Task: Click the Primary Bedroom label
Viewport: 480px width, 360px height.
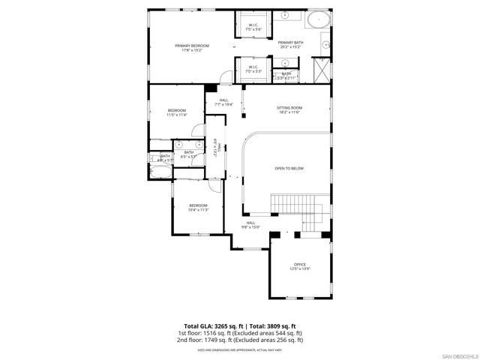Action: click(x=192, y=49)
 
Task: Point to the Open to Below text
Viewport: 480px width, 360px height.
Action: click(x=289, y=169)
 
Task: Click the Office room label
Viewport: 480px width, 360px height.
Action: click(x=300, y=266)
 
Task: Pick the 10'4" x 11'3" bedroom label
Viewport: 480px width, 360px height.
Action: click(x=198, y=208)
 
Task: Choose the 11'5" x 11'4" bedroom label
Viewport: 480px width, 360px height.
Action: click(x=176, y=112)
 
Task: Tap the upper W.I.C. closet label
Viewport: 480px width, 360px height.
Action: click(x=253, y=27)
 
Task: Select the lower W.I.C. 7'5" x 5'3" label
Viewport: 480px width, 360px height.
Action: click(x=253, y=69)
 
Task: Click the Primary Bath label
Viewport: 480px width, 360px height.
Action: click(x=290, y=45)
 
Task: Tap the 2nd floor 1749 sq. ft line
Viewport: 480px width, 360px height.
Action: click(x=240, y=340)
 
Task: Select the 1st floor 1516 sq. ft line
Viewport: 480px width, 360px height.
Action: click(x=240, y=333)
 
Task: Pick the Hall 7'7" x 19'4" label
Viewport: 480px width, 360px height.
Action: click(x=224, y=102)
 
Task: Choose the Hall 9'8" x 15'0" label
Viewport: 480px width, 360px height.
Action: click(x=250, y=224)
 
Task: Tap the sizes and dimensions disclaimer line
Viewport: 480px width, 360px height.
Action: click(x=240, y=349)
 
